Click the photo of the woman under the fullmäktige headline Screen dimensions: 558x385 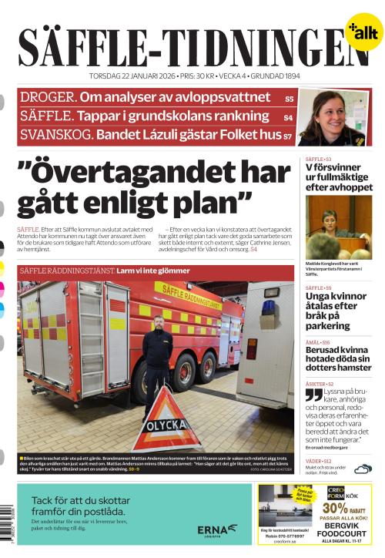(339, 227)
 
